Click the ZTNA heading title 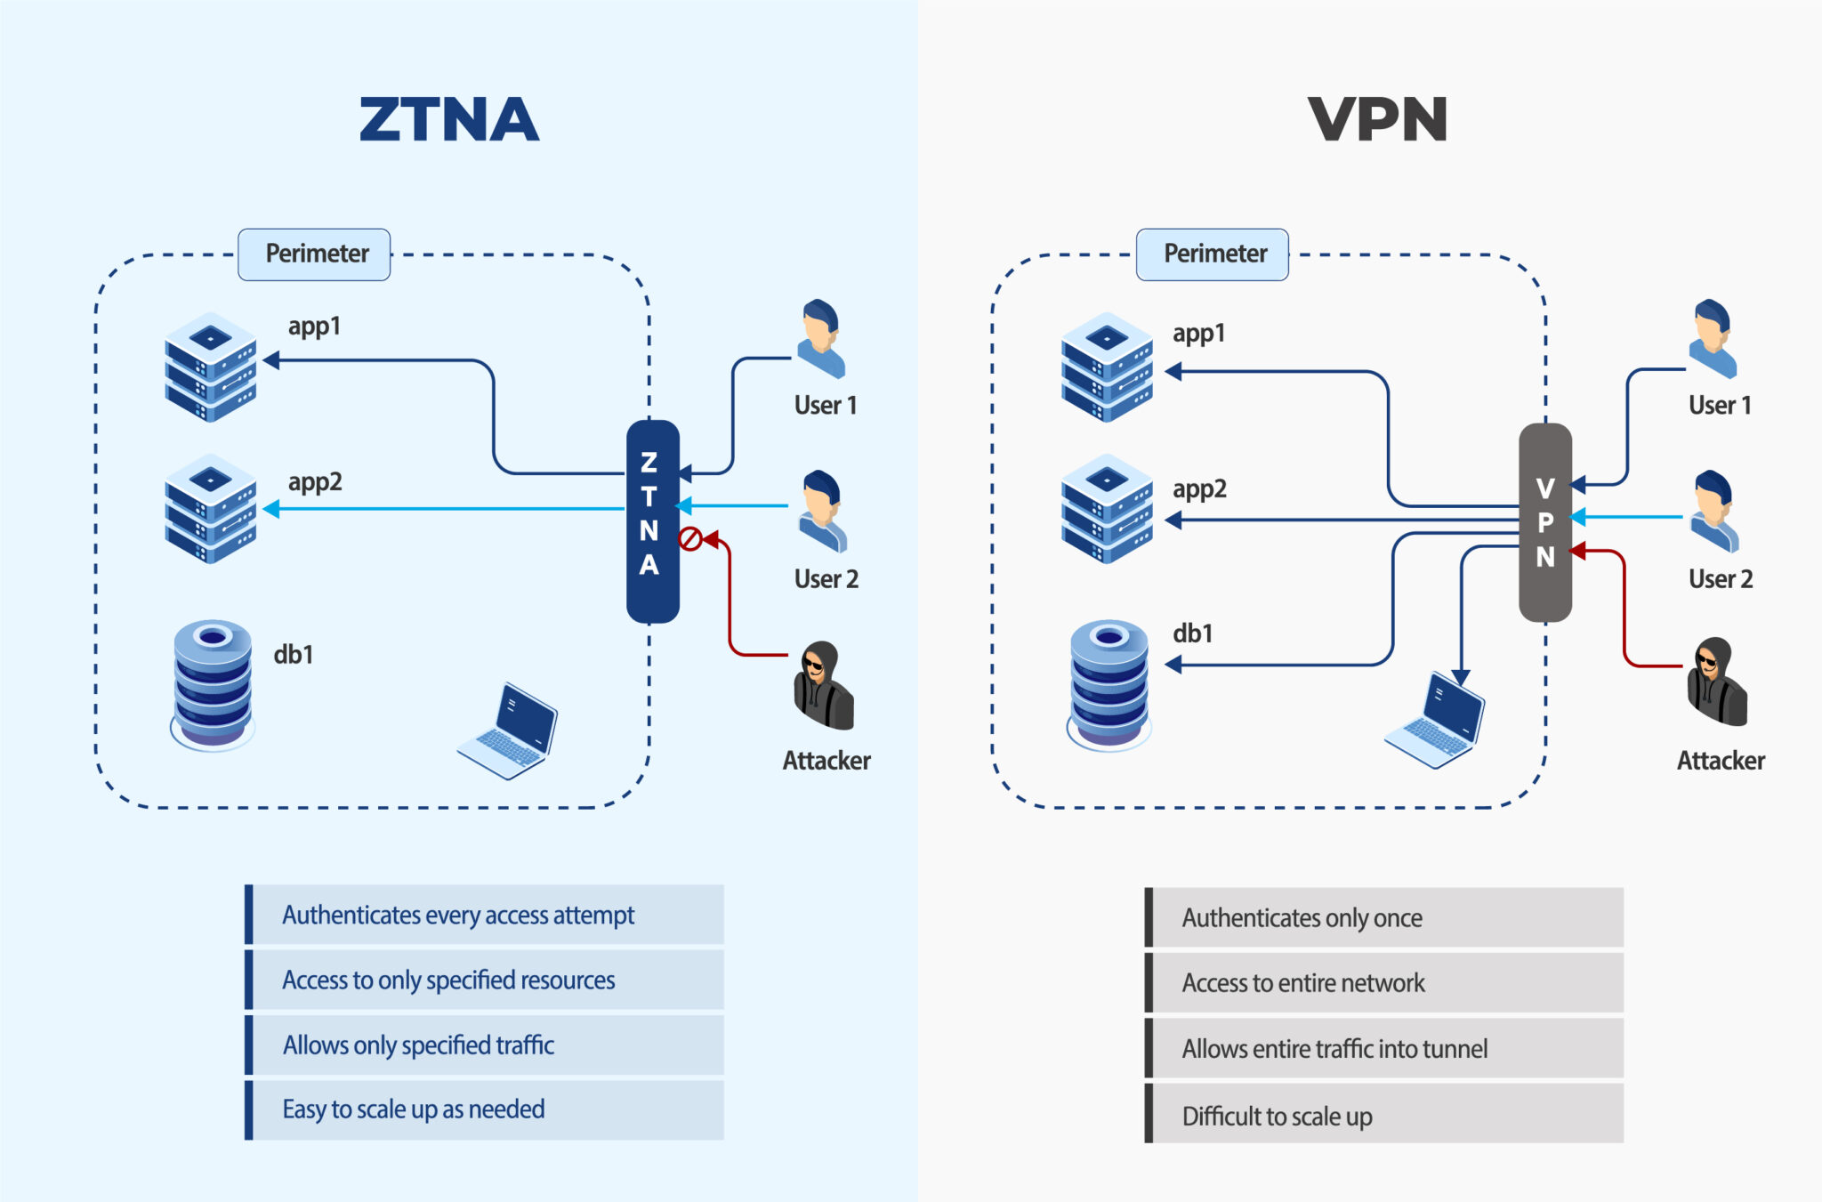(449, 119)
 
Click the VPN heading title (1377, 119)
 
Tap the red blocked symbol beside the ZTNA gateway (689, 539)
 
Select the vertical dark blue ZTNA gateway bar (652, 520)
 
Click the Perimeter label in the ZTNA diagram (315, 254)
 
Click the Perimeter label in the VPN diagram (1213, 254)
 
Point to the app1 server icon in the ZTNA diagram (211, 366)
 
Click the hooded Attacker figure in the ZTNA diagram (823, 686)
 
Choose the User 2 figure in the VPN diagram (1713, 512)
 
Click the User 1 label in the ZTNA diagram (826, 406)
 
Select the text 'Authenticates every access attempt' (458, 915)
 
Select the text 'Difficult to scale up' (1277, 1116)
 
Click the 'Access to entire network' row (1383, 982)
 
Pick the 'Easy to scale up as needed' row (485, 1109)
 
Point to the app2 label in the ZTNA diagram (315, 482)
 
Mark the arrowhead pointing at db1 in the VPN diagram (1173, 664)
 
